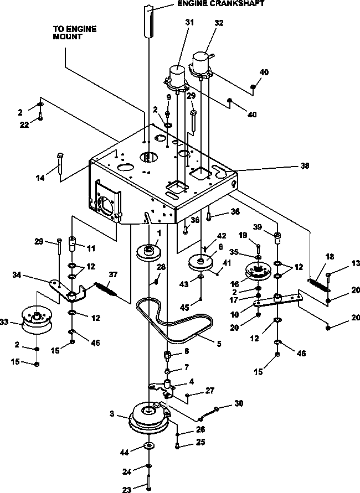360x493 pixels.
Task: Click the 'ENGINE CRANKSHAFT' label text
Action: click(221, 3)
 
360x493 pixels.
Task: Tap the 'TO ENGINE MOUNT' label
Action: click(75, 33)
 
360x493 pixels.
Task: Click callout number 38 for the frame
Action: click(305, 165)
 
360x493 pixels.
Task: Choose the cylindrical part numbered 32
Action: click(200, 65)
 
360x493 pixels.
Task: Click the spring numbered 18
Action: click(318, 284)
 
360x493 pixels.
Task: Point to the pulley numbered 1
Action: click(149, 252)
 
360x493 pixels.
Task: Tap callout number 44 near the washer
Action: click(124, 453)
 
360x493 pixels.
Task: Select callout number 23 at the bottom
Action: click(126, 489)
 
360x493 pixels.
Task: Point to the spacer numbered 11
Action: click(73, 243)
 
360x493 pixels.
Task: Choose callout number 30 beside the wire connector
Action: click(239, 403)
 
